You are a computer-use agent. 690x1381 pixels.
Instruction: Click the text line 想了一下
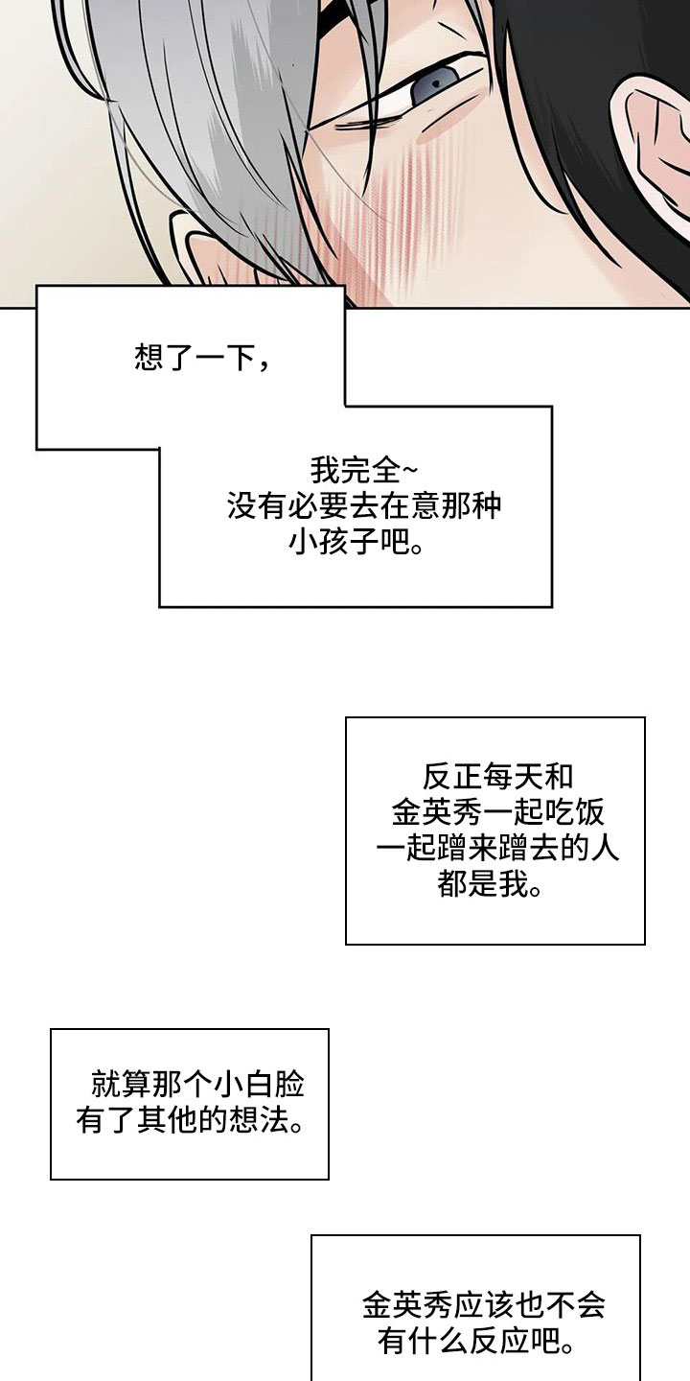point(201,360)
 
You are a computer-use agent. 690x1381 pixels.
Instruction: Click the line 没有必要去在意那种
point(364,507)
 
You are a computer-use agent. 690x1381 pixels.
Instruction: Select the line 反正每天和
point(496,775)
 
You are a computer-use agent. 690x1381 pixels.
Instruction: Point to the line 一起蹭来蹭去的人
point(496,849)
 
